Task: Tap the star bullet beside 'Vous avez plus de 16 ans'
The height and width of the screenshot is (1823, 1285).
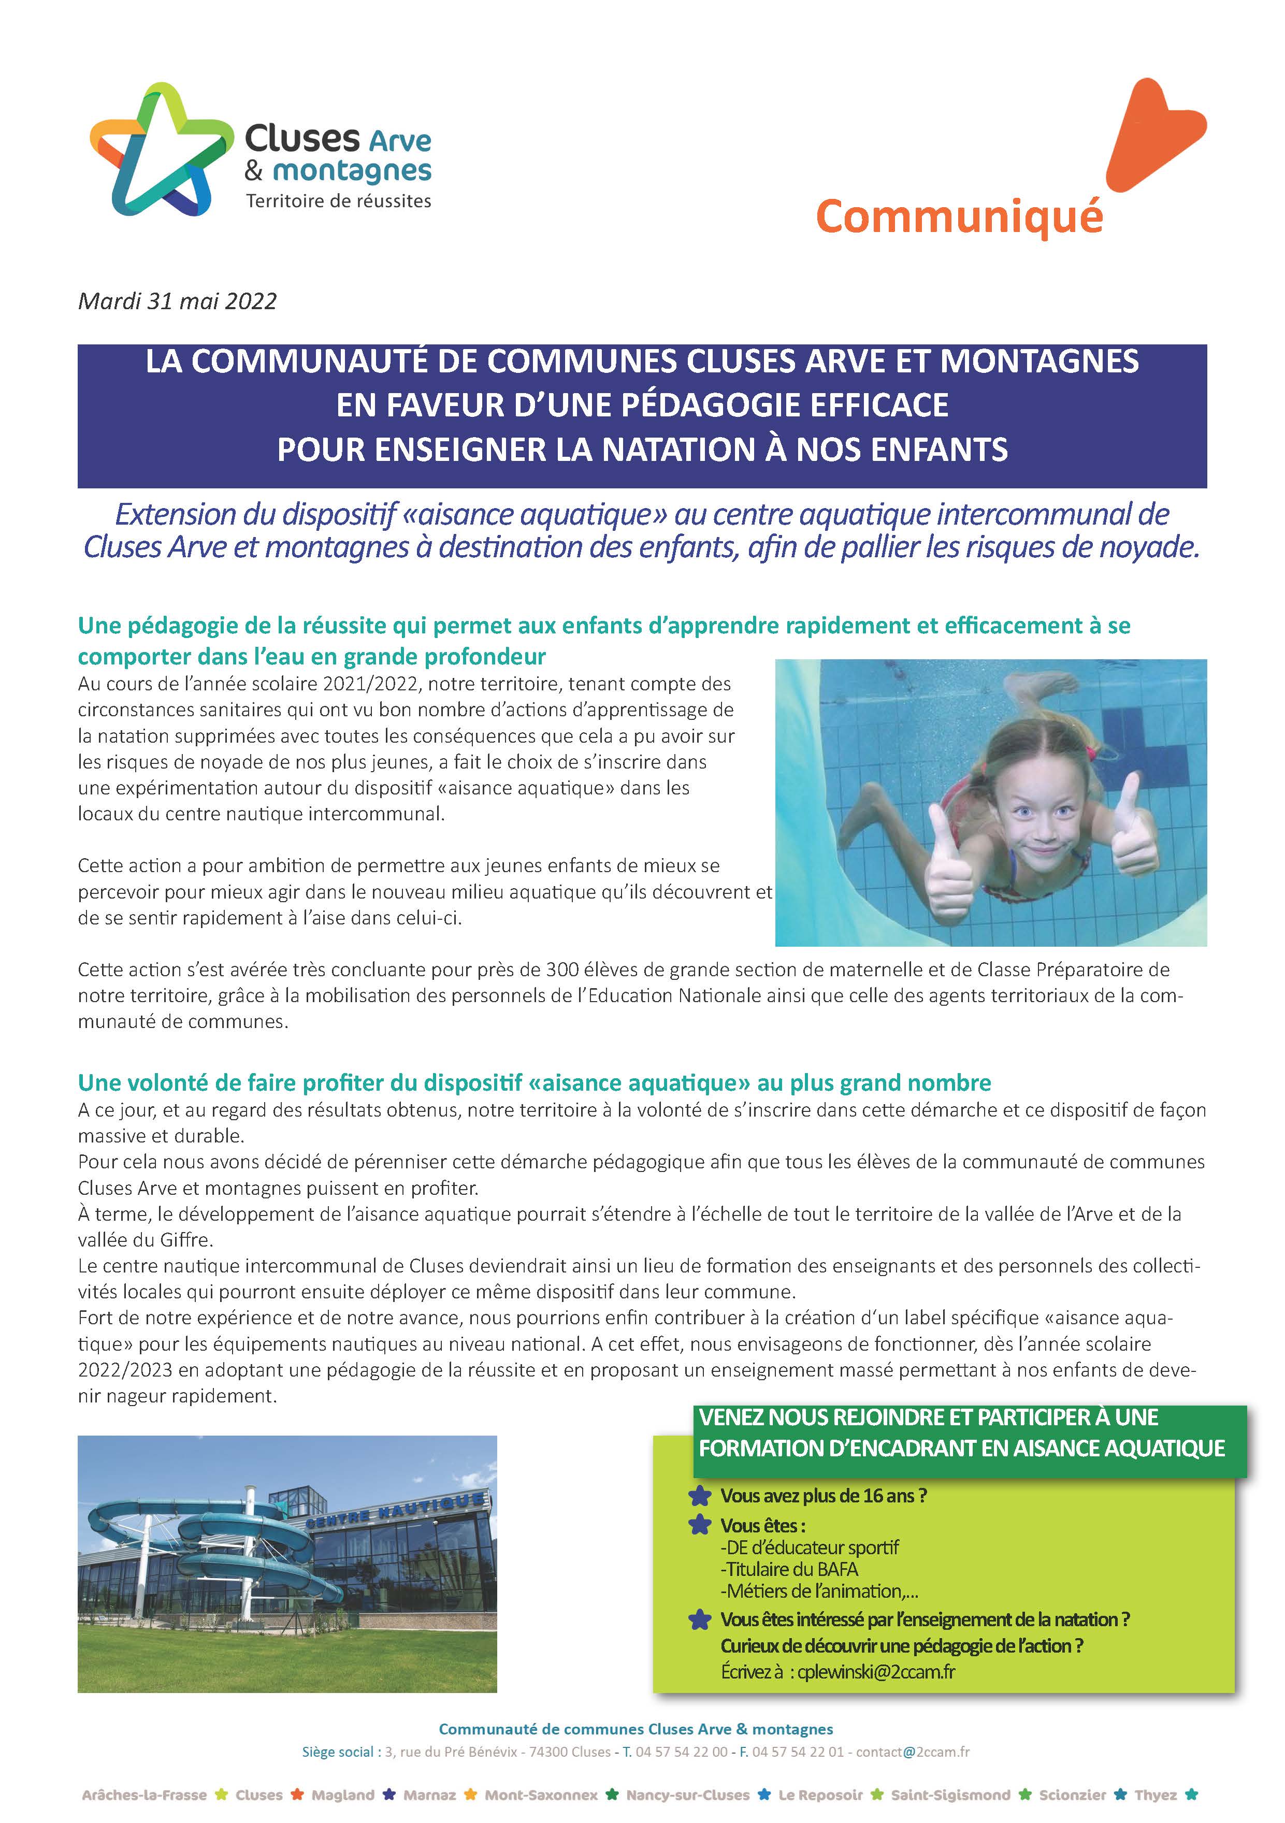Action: tap(700, 1495)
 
